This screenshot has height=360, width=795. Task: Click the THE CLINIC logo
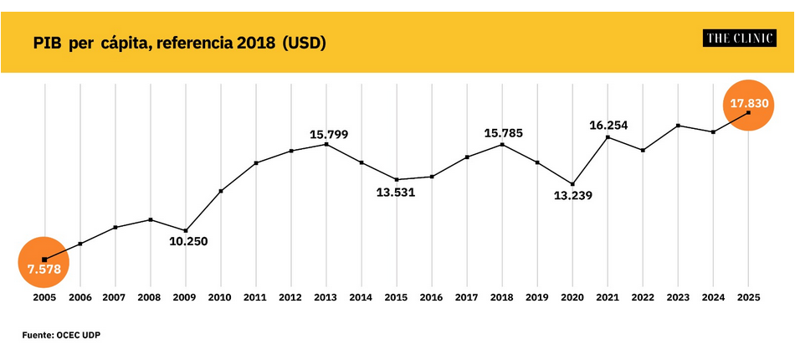739,38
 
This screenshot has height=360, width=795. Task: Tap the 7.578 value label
44,270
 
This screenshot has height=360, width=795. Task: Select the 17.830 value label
748,103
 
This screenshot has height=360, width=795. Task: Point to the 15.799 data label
329,133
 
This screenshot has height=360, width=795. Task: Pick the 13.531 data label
396,192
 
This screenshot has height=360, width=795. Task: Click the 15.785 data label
505,133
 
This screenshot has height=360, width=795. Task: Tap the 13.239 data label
573,197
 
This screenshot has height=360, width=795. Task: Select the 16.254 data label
608,126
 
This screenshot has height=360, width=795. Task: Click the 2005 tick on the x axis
44,297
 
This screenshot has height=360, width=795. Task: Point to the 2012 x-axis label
290,297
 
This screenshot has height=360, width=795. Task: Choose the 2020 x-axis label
572,297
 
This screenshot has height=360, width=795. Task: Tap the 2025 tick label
748,297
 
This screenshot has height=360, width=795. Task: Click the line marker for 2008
150,219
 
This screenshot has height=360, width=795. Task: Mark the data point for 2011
256,162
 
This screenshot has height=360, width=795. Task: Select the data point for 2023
678,126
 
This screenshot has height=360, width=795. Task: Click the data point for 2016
432,177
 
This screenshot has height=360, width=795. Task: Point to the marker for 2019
537,162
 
